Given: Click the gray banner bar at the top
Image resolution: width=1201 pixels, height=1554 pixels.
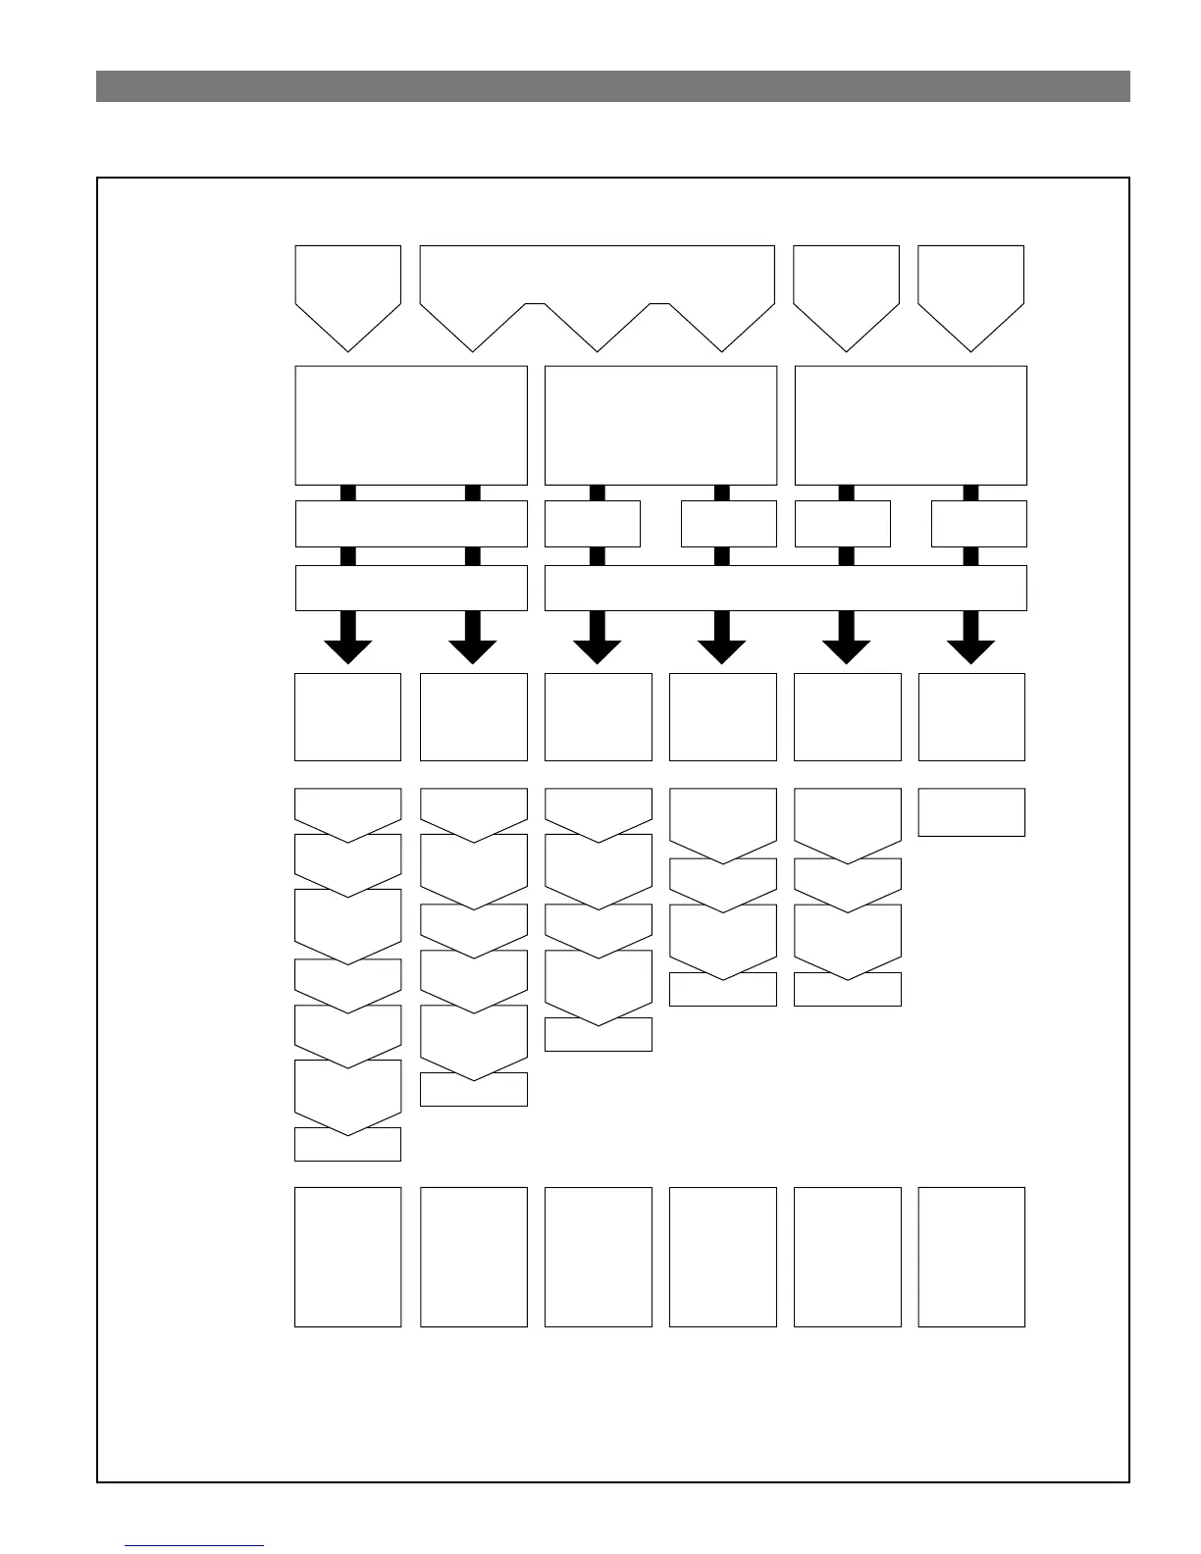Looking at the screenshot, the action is click(612, 86).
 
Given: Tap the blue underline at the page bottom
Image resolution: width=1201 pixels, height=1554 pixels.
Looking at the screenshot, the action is click(194, 1545).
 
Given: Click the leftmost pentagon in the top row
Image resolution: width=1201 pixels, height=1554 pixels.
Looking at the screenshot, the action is click(348, 289).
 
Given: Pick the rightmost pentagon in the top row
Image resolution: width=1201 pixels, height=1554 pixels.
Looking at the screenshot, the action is click(970, 289).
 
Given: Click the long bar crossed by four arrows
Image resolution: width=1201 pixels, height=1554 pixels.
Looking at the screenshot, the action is click(785, 588).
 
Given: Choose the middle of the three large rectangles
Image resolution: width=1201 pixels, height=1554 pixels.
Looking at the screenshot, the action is click(660, 425).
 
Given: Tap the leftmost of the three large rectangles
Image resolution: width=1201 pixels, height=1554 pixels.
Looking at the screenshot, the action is click(411, 425).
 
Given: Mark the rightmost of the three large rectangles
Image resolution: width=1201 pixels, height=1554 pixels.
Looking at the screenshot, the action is click(911, 425).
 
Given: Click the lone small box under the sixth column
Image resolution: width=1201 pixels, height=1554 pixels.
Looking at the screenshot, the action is click(971, 812).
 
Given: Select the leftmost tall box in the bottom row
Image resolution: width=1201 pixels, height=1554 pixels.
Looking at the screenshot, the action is click(348, 1257).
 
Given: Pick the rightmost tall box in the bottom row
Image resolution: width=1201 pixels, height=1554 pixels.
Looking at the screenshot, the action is click(971, 1257).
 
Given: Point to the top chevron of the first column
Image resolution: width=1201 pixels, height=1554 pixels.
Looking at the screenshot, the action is click(348, 806).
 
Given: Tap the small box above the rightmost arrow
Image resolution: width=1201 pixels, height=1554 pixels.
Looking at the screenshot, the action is click(978, 523).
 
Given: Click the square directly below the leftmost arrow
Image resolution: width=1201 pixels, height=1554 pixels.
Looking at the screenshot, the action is click(348, 716).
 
